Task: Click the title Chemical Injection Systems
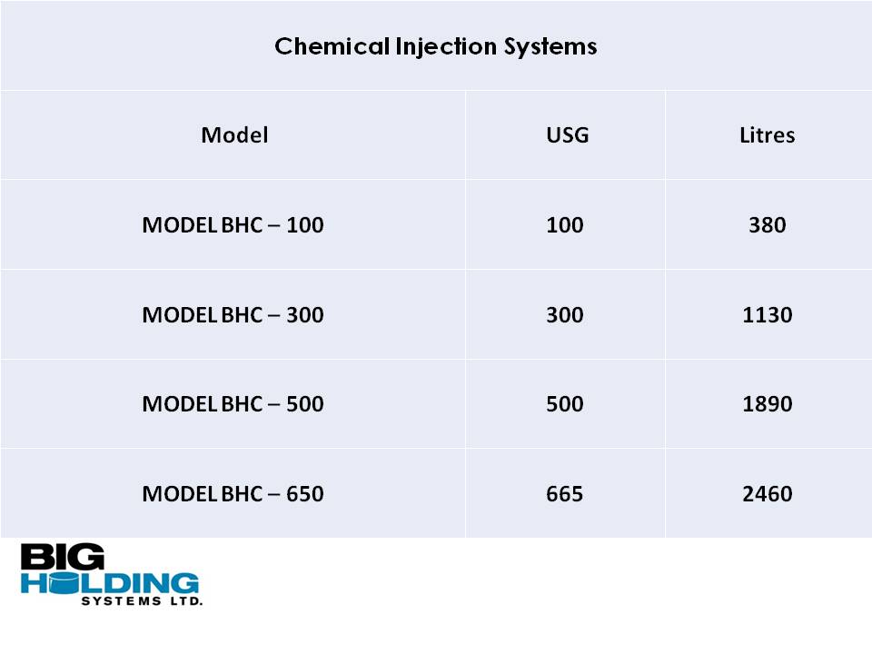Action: (435, 46)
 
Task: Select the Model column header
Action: (234, 135)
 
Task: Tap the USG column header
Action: (567, 135)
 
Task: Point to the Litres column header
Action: (768, 135)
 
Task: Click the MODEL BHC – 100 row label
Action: (233, 225)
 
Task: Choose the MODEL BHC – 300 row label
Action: (233, 315)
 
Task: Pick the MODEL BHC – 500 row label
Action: (233, 403)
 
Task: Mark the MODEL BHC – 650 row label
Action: (233, 494)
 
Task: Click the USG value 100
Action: (565, 225)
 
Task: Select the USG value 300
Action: (565, 315)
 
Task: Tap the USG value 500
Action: (565, 403)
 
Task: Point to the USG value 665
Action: (565, 494)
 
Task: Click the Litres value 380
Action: (768, 225)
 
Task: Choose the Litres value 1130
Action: (768, 315)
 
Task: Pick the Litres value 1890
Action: (768, 403)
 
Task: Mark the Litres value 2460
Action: (768, 494)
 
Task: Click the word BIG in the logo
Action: (63, 556)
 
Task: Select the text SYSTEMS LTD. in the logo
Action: (142, 601)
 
